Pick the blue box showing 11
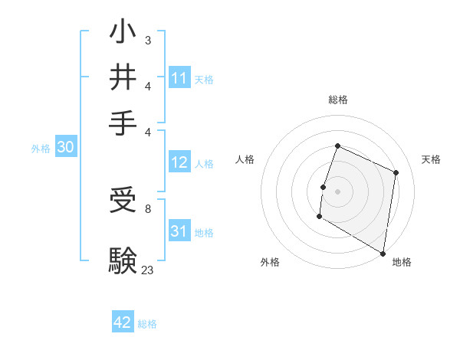click(x=179, y=78)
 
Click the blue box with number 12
click(x=179, y=162)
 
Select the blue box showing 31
click(x=179, y=231)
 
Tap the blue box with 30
click(x=65, y=149)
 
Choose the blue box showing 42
click(x=123, y=322)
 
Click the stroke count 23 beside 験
click(x=147, y=269)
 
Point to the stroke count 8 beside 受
click(x=147, y=208)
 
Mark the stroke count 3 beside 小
click(x=147, y=40)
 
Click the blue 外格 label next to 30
click(x=41, y=149)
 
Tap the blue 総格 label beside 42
click(x=147, y=324)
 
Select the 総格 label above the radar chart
click(x=337, y=100)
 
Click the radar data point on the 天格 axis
click(x=396, y=172)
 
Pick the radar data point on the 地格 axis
click(x=383, y=253)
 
